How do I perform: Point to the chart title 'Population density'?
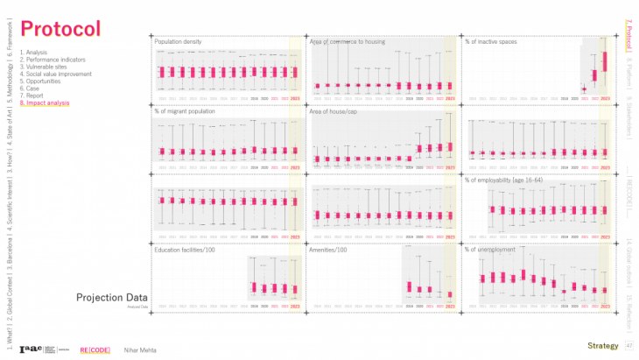pos(179,41)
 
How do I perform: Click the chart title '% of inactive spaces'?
pos(492,41)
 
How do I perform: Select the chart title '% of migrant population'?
pos(183,111)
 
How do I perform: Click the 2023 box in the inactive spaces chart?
pos(605,64)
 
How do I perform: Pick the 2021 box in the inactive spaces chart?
pos(584,88)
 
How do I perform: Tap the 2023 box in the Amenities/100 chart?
pos(450,294)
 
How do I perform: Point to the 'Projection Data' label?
pos(111,298)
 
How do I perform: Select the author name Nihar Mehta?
pos(138,346)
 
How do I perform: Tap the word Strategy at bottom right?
pos(602,346)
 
